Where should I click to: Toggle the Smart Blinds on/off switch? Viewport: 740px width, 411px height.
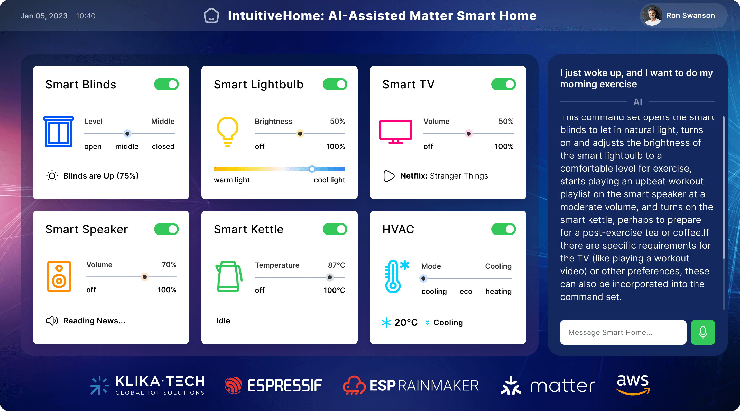tap(166, 85)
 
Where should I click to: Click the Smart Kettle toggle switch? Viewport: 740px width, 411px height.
tap(335, 229)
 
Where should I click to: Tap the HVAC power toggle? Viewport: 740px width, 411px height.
tap(503, 229)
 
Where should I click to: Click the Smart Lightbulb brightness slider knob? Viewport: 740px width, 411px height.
tap(300, 134)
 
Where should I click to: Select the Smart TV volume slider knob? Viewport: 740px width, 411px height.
tap(468, 134)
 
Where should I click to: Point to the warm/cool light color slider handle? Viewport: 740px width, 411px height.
tap(312, 169)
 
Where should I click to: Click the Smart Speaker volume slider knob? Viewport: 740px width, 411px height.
tap(144, 277)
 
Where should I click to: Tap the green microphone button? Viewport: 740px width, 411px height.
tap(703, 332)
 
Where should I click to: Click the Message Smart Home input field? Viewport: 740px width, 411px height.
tap(623, 332)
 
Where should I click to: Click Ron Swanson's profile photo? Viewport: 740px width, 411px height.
tap(652, 15)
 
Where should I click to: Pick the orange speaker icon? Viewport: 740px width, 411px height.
tap(59, 276)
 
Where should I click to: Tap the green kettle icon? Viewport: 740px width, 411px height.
tap(229, 276)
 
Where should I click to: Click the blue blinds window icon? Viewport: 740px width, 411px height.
tap(59, 132)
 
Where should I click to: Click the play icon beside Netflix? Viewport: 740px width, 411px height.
tap(389, 176)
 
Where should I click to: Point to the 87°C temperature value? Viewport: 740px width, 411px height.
tap(336, 265)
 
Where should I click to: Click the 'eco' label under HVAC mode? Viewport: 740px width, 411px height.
tap(466, 291)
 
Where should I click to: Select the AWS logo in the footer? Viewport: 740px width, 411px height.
tap(633, 385)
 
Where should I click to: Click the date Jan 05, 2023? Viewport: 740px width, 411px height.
tap(44, 16)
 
